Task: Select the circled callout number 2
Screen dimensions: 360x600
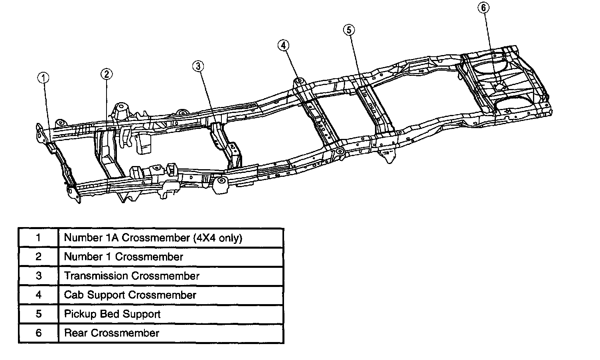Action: pyautogui.click(x=106, y=74)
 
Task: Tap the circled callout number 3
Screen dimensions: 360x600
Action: pyautogui.click(x=198, y=66)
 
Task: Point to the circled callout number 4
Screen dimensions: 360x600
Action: pyautogui.click(x=283, y=45)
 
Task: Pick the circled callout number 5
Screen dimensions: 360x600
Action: pyautogui.click(x=348, y=30)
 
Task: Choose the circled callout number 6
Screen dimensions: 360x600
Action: pyautogui.click(x=484, y=8)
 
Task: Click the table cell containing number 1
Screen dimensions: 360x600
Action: pyautogui.click(x=38, y=238)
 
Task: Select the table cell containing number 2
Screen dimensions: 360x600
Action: pyautogui.click(x=38, y=257)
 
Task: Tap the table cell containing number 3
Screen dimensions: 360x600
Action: pyautogui.click(x=38, y=276)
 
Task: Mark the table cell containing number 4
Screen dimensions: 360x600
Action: pyautogui.click(x=38, y=295)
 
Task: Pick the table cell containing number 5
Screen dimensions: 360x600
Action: pyautogui.click(x=38, y=314)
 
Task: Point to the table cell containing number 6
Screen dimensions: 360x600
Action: pyautogui.click(x=38, y=333)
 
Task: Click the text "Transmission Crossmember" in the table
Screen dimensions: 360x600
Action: pyautogui.click(x=132, y=276)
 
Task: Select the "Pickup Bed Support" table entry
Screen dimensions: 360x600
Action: pyautogui.click(x=112, y=314)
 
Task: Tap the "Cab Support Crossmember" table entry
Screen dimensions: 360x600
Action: pyautogui.click(x=130, y=295)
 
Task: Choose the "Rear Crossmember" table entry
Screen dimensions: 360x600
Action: pyautogui.click(x=112, y=333)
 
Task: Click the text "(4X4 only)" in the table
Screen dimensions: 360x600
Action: pyautogui.click(x=217, y=238)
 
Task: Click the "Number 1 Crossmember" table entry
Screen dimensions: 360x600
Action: pyautogui.click(x=123, y=257)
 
